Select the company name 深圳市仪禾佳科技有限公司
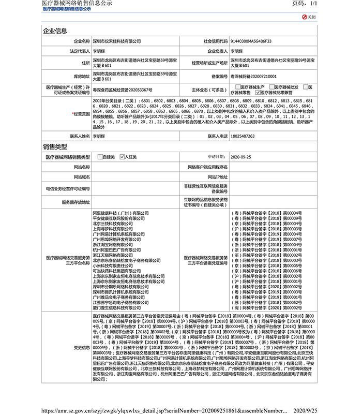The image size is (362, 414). (x=117, y=40)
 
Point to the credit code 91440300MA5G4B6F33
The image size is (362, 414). (x=251, y=40)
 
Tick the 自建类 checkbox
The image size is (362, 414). (x=100, y=156)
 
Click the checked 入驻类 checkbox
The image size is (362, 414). (x=122, y=156)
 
